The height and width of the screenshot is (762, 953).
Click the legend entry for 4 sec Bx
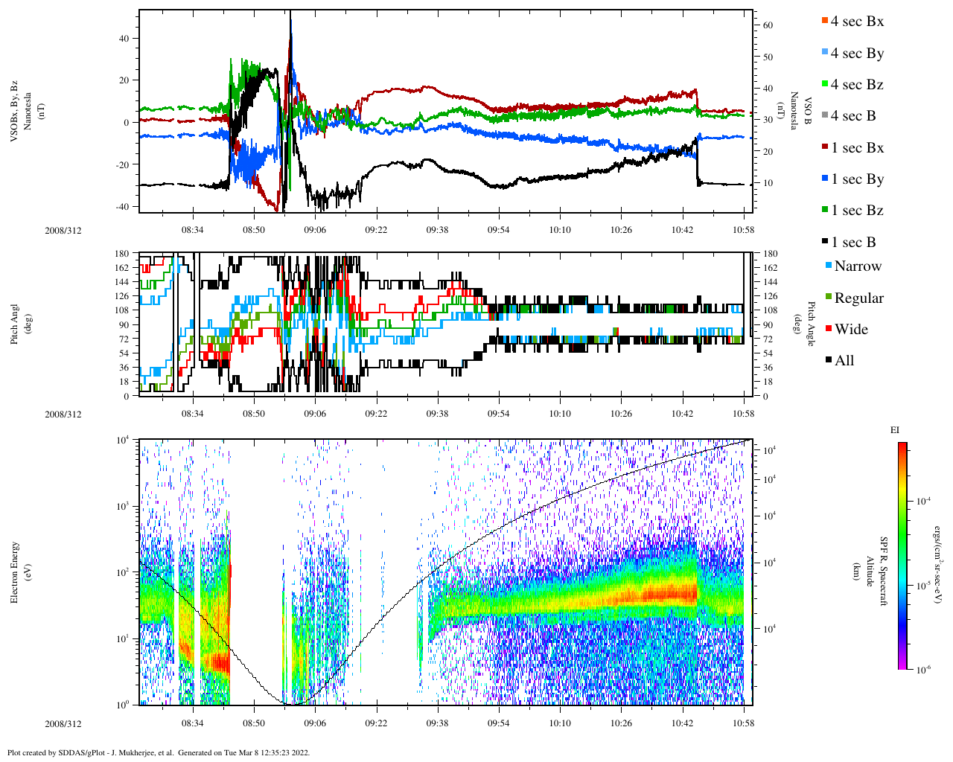click(856, 22)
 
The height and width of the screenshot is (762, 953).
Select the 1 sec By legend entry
click(856, 179)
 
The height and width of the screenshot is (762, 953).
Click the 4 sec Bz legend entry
click(856, 85)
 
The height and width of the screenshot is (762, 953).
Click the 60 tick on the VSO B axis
click(768, 25)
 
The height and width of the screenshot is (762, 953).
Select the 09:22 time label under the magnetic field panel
click(376, 230)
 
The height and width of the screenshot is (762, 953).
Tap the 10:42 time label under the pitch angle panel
click(683, 414)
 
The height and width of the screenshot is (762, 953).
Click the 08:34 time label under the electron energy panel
click(192, 723)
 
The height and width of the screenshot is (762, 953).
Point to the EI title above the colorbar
click(895, 430)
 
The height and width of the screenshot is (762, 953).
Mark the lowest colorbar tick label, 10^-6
click(923, 670)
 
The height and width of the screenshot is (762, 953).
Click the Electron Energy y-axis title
click(15, 572)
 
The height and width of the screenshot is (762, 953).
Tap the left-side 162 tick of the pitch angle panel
click(123, 267)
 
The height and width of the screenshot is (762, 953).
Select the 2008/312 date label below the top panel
click(63, 230)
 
